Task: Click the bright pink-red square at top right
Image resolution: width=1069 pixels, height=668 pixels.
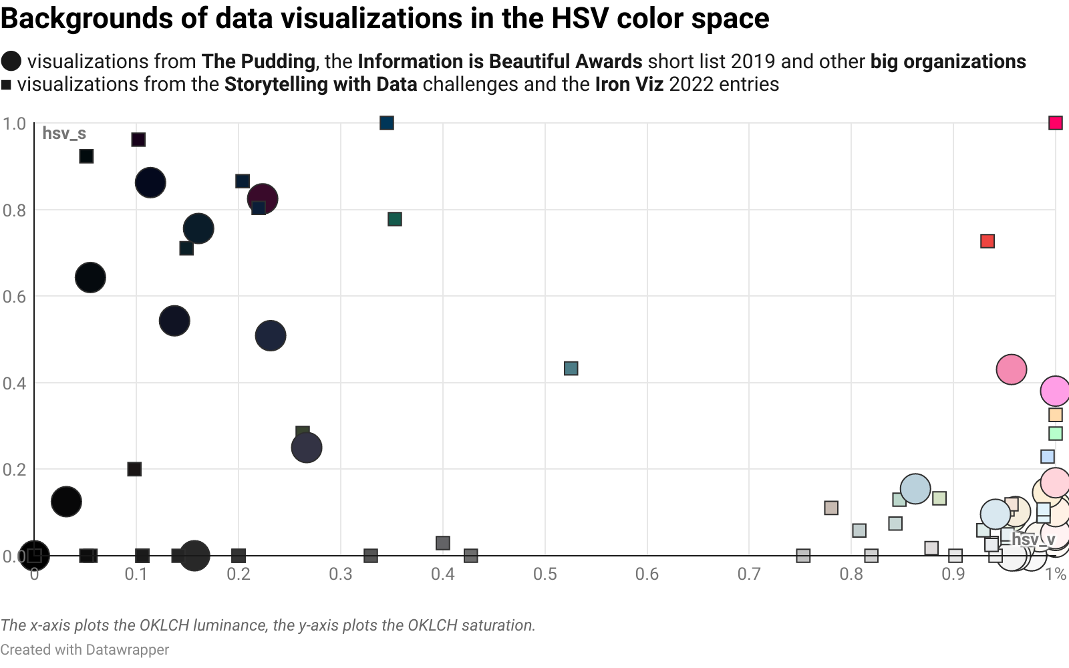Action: coord(1055,123)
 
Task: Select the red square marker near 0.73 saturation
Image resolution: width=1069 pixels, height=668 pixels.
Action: coord(987,241)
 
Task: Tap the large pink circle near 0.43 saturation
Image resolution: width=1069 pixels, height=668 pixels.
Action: coord(1011,369)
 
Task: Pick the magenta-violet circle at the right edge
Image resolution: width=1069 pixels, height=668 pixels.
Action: coord(1055,391)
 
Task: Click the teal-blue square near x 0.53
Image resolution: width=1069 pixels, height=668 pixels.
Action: coord(571,369)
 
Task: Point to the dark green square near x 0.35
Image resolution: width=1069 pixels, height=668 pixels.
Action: coord(395,219)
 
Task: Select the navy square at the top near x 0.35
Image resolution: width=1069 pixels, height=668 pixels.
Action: coord(387,123)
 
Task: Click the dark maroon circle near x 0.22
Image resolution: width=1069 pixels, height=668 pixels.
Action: coord(263,198)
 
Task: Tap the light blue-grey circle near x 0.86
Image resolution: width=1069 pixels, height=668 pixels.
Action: coord(915,489)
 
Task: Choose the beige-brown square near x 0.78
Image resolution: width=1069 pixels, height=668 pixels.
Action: coord(831,508)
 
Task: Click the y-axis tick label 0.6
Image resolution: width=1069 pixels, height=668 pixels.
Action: coord(14,297)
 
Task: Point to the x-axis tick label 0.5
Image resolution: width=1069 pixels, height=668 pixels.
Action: coord(545,574)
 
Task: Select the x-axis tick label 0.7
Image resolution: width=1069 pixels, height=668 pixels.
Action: coord(749,574)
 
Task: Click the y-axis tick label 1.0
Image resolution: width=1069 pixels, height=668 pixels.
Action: coord(14,124)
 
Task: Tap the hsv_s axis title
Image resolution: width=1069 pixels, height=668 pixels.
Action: coord(64,134)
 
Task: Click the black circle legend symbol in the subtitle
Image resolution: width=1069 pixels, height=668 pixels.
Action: coord(11,61)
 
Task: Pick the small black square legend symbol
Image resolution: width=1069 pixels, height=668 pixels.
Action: coord(6,85)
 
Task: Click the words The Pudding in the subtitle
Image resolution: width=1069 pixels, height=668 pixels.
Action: coord(259,61)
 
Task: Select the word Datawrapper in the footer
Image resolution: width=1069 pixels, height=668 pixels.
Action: coord(128,650)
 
